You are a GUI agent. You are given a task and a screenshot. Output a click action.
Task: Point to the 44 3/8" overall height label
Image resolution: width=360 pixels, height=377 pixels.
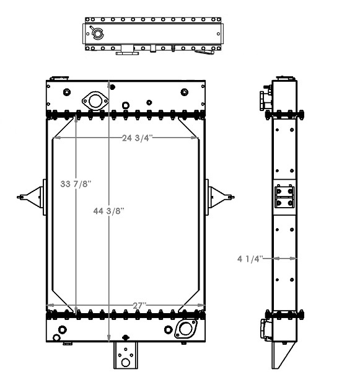(110, 211)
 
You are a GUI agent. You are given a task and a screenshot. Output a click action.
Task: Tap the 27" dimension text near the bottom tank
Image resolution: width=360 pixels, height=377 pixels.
(139, 306)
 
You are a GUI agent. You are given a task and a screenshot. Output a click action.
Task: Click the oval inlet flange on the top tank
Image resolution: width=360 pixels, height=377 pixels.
(94, 100)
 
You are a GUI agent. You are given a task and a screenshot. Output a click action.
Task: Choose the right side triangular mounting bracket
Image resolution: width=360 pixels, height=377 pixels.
(220, 197)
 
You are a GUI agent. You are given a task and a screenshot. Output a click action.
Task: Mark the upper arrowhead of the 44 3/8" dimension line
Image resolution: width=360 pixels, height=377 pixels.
(110, 82)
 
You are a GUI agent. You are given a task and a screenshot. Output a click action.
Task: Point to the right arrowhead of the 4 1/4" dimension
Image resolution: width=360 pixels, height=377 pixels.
(294, 258)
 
